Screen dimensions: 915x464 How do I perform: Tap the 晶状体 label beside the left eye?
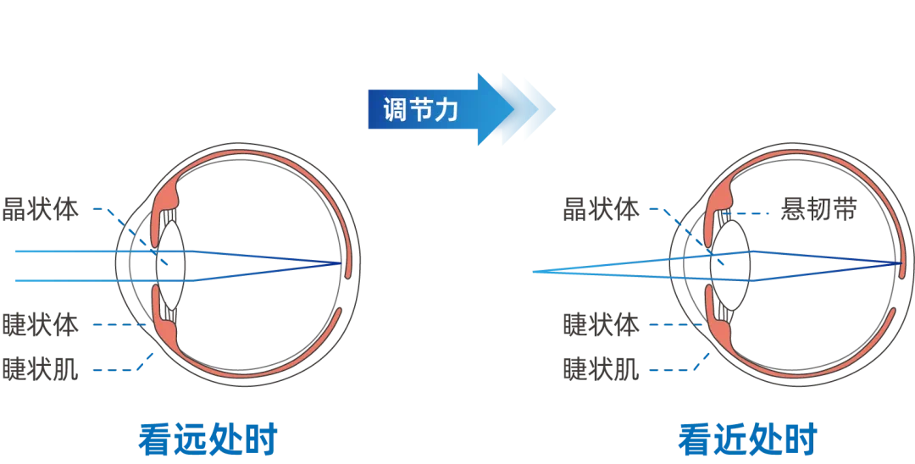[x=41, y=209]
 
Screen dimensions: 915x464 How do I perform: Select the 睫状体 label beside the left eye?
[x=41, y=325]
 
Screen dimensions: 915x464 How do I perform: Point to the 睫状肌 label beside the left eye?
[x=41, y=369]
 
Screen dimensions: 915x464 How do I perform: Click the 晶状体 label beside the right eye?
[x=601, y=209]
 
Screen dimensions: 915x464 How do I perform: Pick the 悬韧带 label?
[x=818, y=209]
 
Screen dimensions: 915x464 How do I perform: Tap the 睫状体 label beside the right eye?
[x=601, y=325]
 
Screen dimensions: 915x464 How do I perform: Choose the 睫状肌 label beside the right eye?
[x=601, y=369]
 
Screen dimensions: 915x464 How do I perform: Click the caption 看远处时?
[x=208, y=441]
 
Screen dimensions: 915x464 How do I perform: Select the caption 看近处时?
[x=747, y=441]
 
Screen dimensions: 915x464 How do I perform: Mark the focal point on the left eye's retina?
[x=341, y=263]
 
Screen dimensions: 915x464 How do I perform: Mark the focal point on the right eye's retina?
[x=901, y=263]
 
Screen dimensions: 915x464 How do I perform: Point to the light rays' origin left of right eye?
[x=534, y=272]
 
